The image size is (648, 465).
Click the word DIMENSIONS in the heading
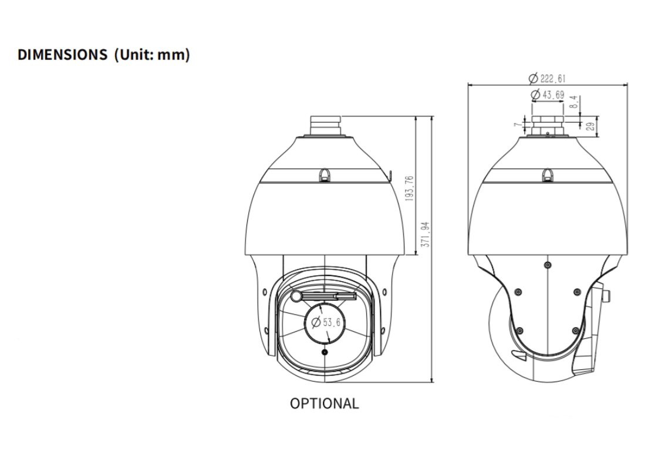(x=62, y=55)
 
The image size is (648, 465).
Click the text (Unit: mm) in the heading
(x=152, y=55)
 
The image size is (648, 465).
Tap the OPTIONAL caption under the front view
(x=325, y=403)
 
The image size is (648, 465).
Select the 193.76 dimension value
(x=409, y=188)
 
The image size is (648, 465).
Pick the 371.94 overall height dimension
(x=425, y=234)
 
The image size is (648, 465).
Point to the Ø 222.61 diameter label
(x=547, y=78)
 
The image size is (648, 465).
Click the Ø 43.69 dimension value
(x=548, y=95)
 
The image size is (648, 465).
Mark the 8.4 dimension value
(x=573, y=102)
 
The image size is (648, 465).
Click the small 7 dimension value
(x=517, y=124)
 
